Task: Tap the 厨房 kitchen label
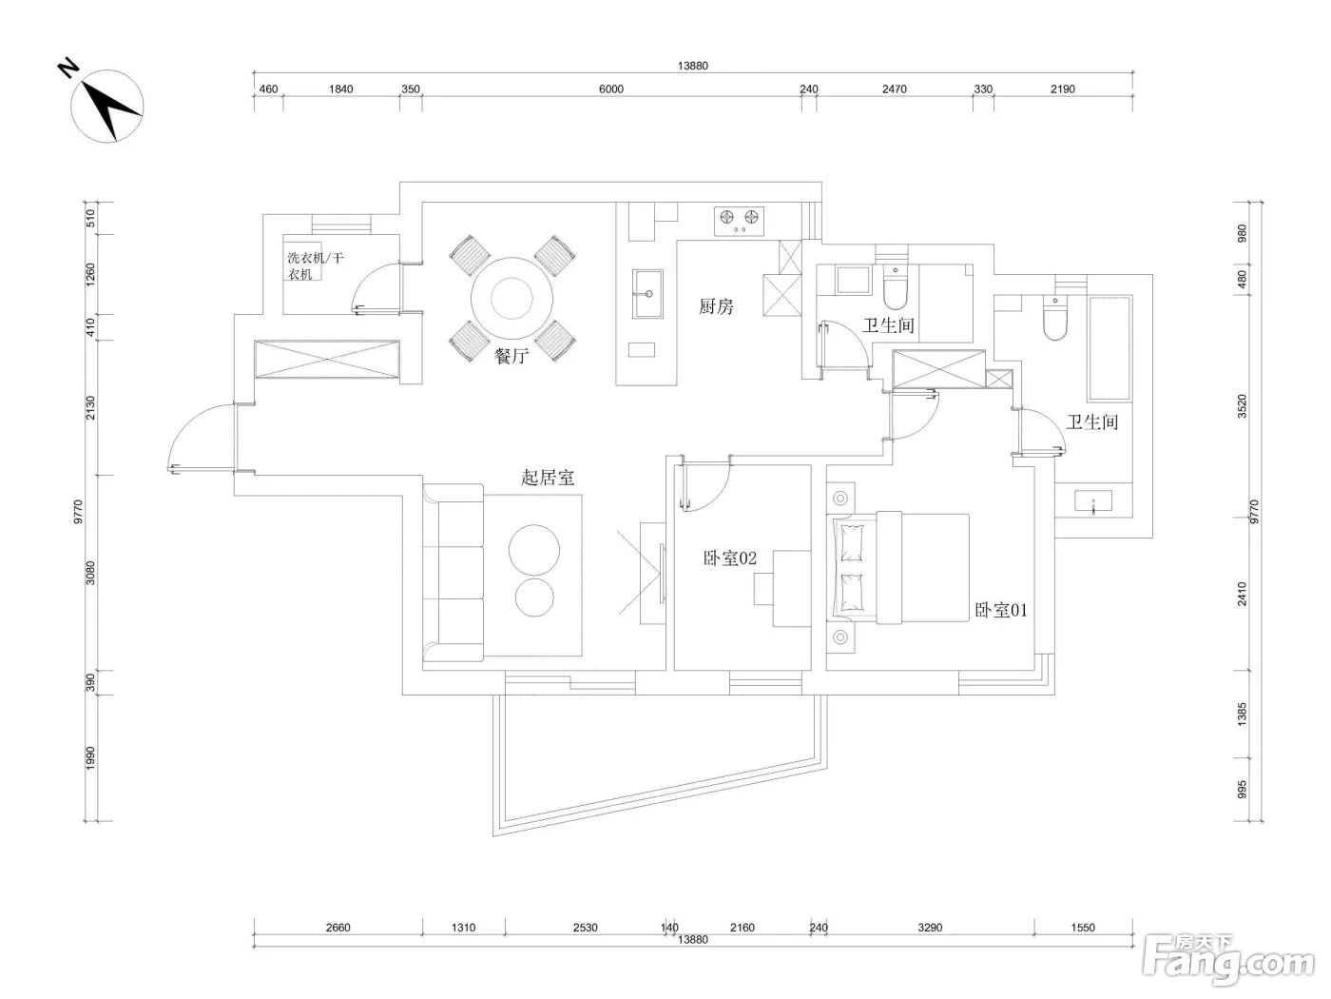click(716, 306)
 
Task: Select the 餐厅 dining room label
click(511, 356)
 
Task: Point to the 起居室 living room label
click(547, 478)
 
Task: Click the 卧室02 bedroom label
click(729, 558)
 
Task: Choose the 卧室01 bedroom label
click(1000, 610)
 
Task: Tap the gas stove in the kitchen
click(739, 222)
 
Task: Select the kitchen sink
click(647, 294)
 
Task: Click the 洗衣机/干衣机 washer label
click(315, 265)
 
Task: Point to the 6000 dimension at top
click(610, 89)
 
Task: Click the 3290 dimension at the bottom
click(930, 928)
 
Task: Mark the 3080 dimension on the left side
click(90, 573)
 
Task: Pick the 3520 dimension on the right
click(1242, 406)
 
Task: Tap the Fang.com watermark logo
click(1228, 962)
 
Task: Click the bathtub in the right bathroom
click(1110, 348)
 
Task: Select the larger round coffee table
click(533, 550)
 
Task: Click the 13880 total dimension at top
click(692, 66)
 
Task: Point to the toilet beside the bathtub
click(1055, 318)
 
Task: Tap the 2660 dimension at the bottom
click(338, 928)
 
